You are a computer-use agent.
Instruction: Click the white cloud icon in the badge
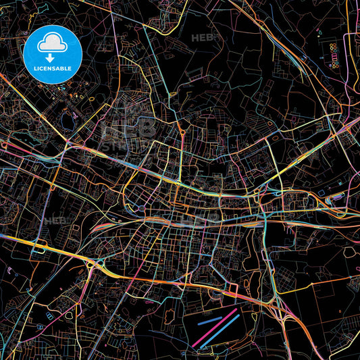point(52,44)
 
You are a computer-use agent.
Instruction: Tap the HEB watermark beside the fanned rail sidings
point(55,220)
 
